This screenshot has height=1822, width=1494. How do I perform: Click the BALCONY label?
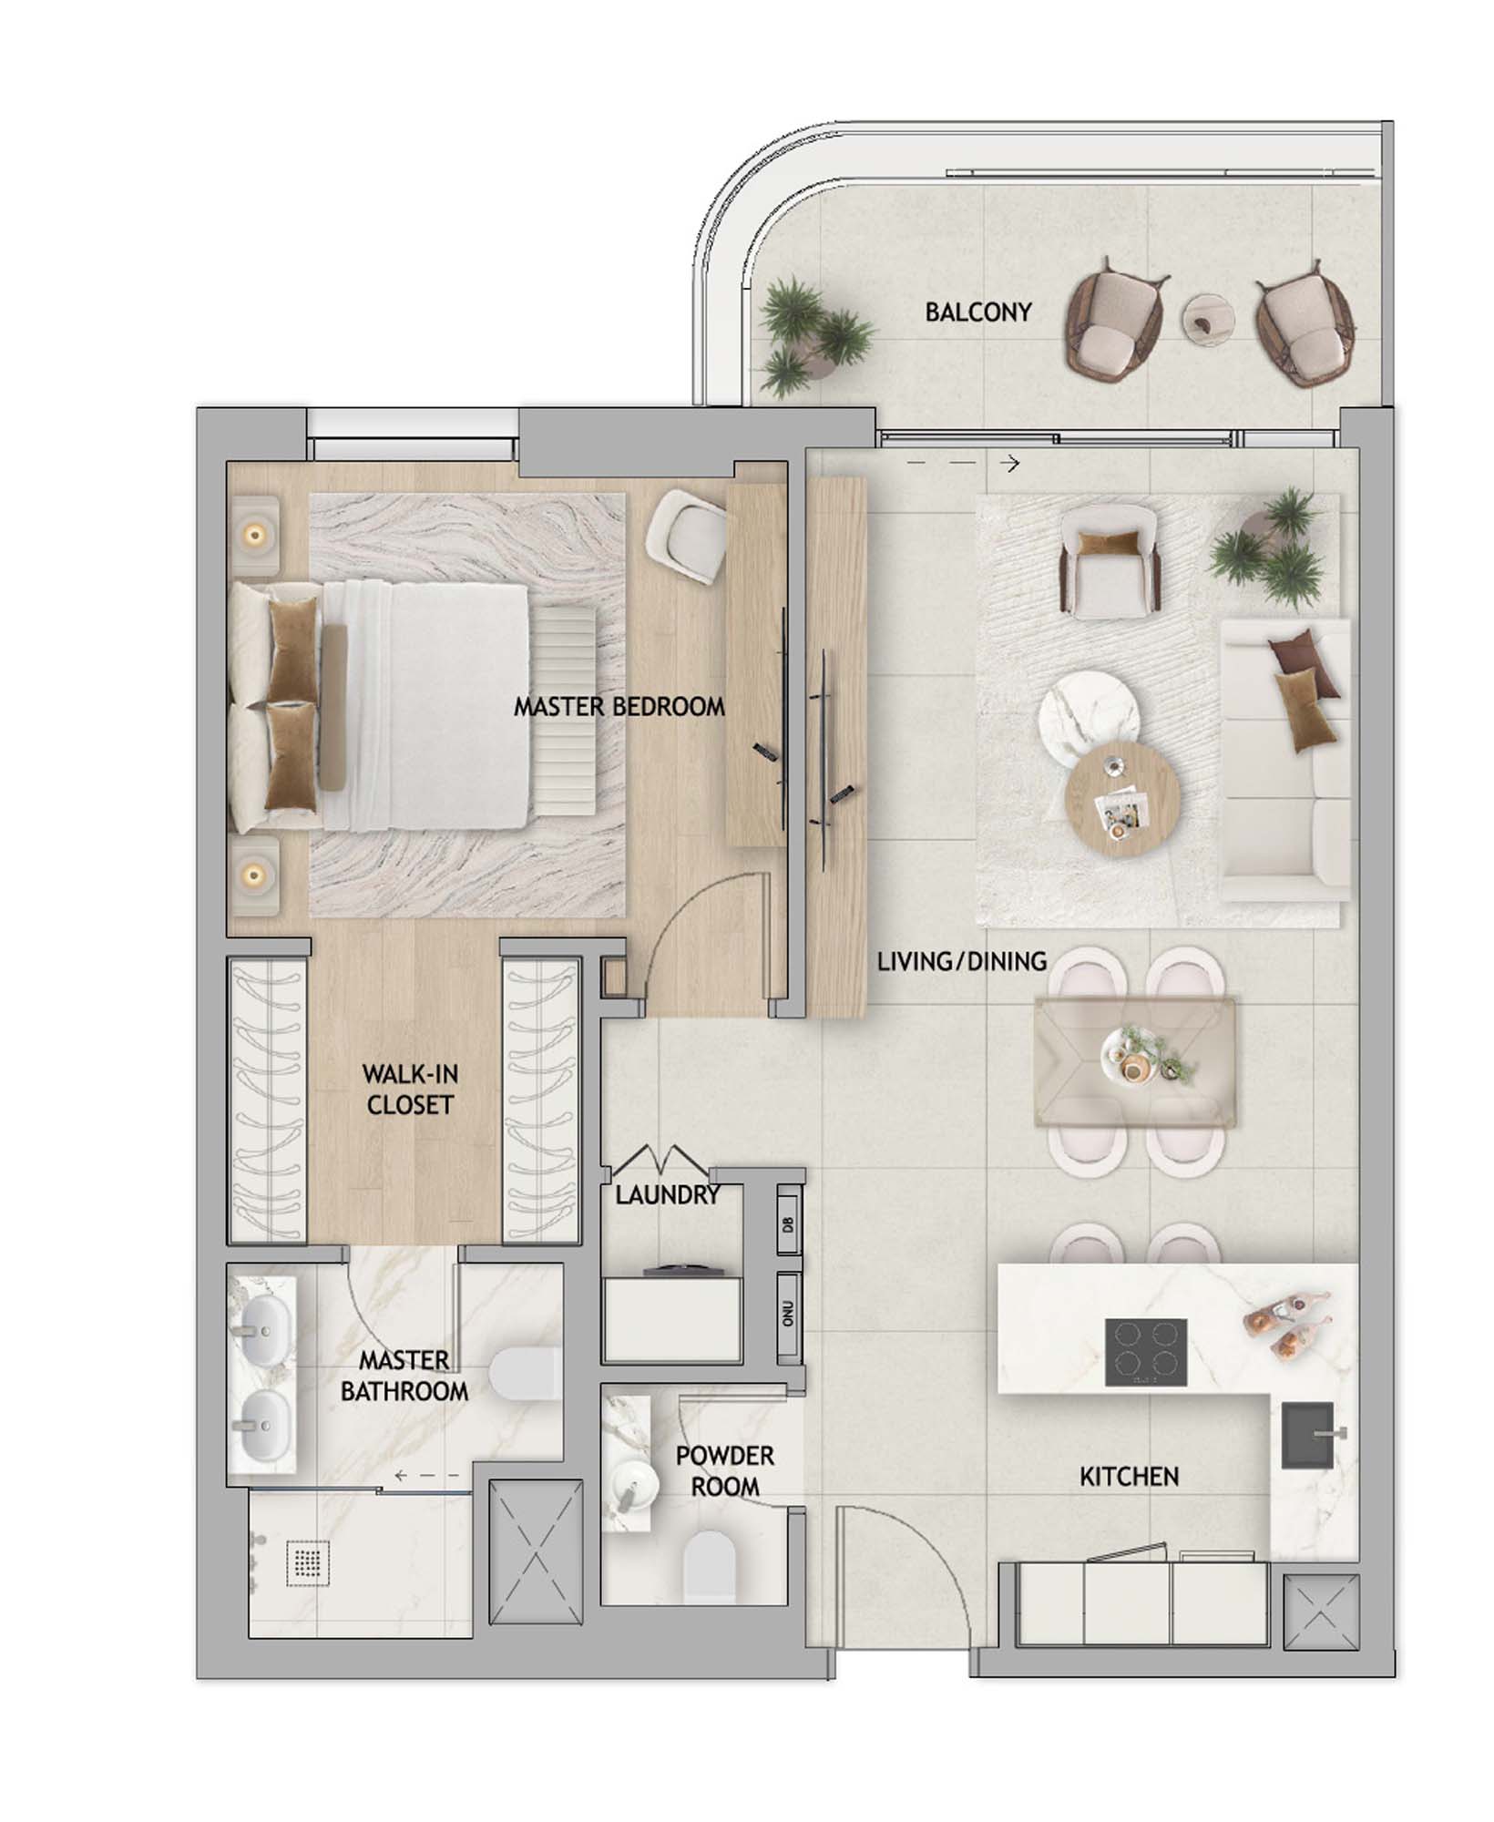click(977, 312)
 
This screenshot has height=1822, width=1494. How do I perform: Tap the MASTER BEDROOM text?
click(619, 706)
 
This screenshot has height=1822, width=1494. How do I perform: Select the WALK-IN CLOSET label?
click(409, 1090)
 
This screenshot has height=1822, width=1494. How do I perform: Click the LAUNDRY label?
click(668, 1195)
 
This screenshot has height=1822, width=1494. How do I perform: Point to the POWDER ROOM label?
click(725, 1470)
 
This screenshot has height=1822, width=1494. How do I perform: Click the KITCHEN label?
click(1129, 1477)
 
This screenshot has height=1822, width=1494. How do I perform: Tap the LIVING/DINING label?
click(962, 961)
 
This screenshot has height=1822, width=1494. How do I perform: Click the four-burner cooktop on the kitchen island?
click(1146, 1353)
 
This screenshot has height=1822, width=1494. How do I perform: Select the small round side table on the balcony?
click(1208, 320)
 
